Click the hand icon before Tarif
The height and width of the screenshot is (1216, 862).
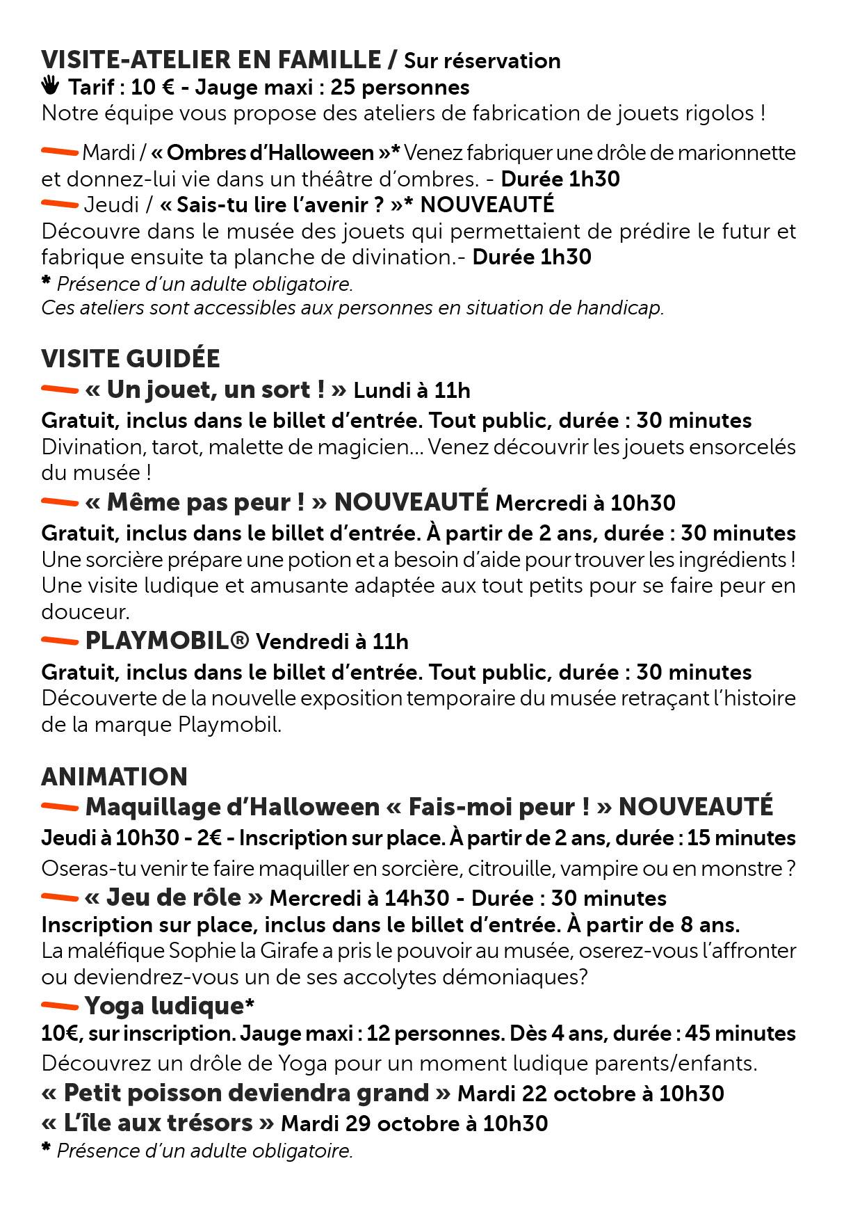pos(50,86)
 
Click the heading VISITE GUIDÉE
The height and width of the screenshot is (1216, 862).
pos(131,359)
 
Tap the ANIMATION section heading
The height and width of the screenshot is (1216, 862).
pos(115,776)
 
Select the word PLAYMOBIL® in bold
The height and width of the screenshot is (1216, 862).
pos(167,641)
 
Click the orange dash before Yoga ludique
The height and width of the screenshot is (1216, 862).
pos(60,1005)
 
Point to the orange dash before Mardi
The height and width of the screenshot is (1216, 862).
pos(60,151)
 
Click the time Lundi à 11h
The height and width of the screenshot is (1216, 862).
pos(412,391)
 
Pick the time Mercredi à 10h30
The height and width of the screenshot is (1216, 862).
pos(585,503)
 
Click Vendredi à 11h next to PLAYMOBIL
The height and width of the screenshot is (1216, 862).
pos(332,641)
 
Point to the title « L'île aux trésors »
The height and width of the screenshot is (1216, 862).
pos(158,1123)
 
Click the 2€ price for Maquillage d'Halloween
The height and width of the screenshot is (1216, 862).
pos(209,838)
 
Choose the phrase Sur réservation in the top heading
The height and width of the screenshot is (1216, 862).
pos(482,61)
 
